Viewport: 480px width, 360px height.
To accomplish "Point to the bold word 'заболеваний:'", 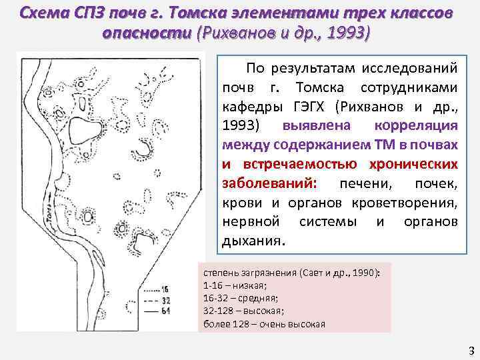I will click(x=263, y=183).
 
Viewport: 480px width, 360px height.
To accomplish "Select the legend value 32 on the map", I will click(x=183, y=300).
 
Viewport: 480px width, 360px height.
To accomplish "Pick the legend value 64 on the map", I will click(x=183, y=310).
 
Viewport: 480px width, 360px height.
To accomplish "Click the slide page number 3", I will click(x=471, y=350).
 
